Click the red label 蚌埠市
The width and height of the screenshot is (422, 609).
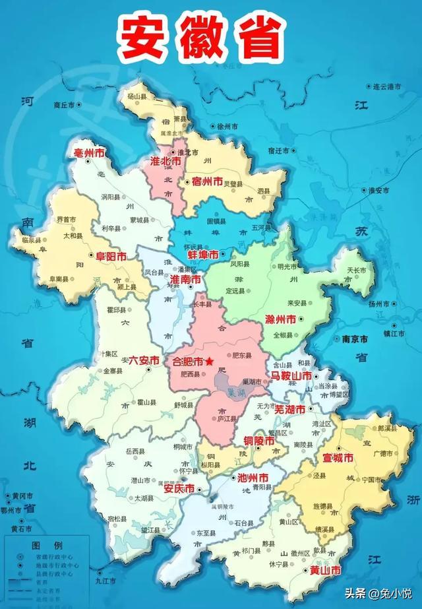204,254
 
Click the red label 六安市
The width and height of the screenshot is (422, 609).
144,360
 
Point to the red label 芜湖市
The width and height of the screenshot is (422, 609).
289,409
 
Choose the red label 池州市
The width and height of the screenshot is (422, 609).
252,477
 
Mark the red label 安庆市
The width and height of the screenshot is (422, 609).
179,489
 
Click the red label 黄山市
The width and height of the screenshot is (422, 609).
326,570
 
